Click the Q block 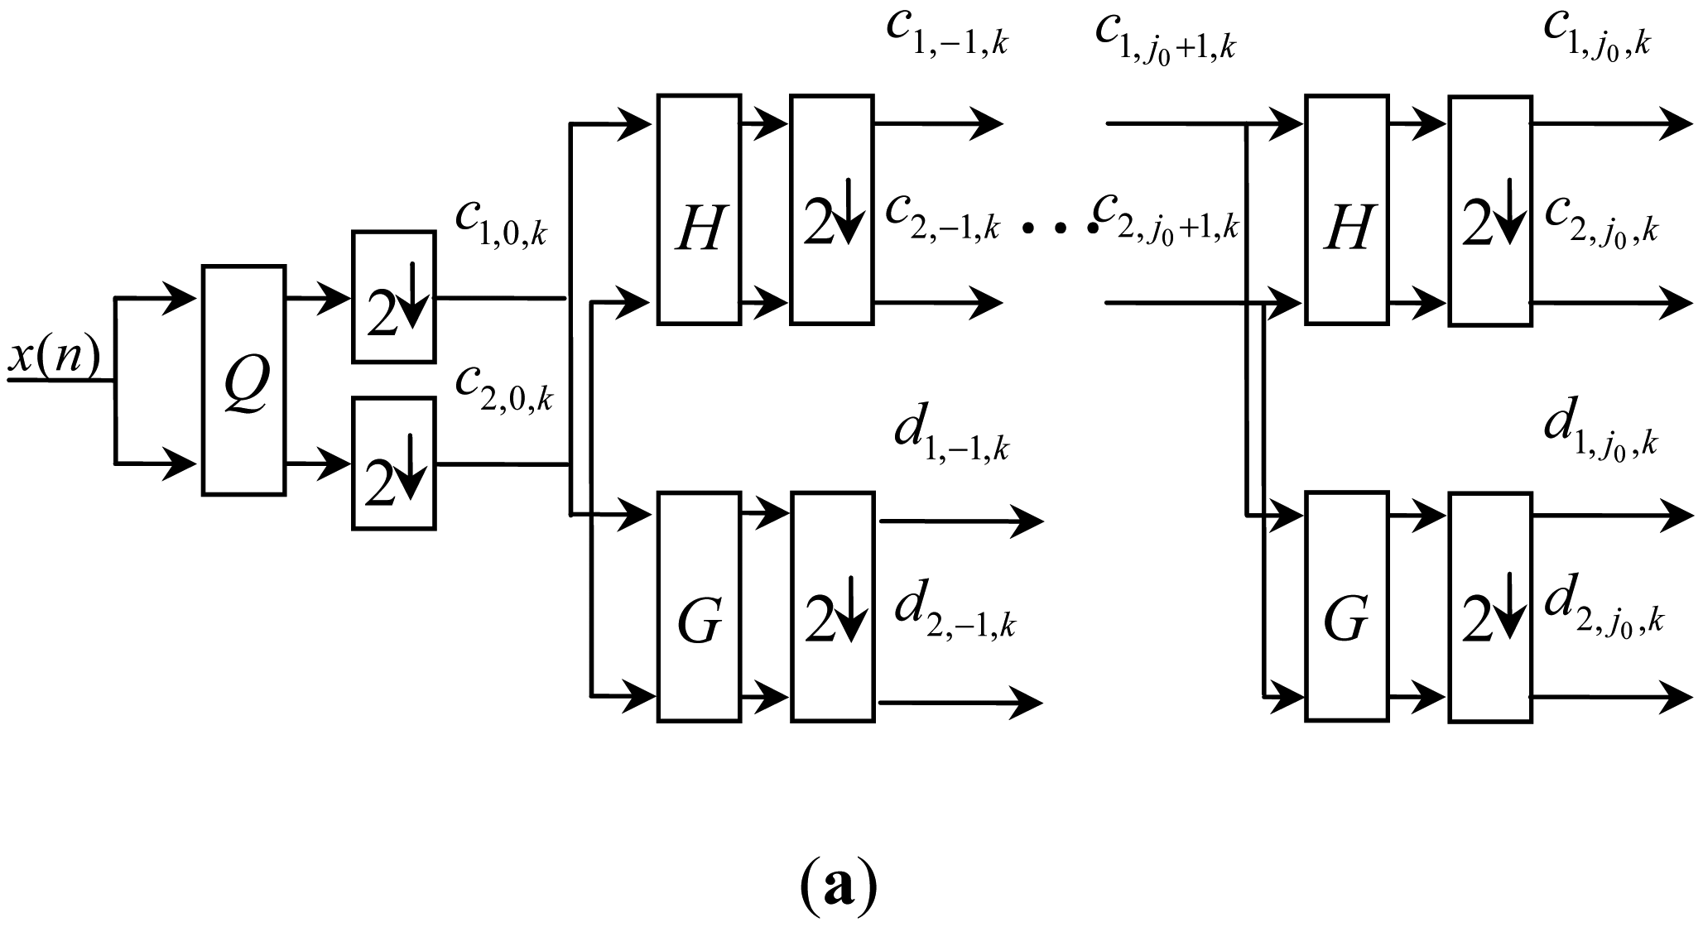244,381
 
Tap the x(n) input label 55,358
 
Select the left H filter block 699,209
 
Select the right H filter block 1346,209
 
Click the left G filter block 699,607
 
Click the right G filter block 1346,607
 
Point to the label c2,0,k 503,387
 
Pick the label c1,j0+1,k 1165,37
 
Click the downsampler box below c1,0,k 394,296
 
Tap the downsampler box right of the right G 1490,607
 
